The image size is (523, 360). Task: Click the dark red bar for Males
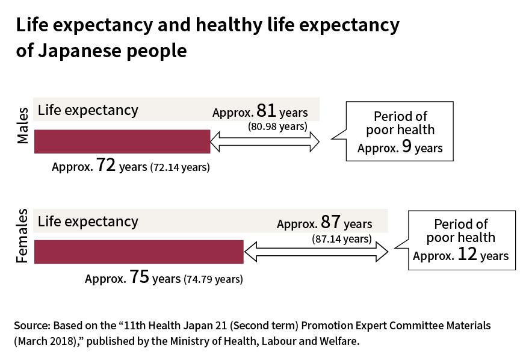[x=122, y=141]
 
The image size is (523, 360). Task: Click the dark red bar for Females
[x=138, y=252]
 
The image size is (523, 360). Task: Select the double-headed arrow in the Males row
[x=265, y=142]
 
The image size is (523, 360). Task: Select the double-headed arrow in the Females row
[x=316, y=252]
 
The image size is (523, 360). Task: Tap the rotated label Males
[x=22, y=126]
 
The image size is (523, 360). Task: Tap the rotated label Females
[x=22, y=236]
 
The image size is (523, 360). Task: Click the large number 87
[x=330, y=223]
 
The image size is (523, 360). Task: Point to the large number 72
[x=106, y=167]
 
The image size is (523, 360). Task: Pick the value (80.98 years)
[x=277, y=126]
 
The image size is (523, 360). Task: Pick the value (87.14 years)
[x=341, y=239]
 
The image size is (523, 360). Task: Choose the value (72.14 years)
[x=180, y=168]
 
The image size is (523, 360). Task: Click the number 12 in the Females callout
[x=466, y=255]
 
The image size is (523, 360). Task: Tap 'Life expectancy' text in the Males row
[x=88, y=110]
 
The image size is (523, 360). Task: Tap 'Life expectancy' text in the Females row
[x=88, y=221]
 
